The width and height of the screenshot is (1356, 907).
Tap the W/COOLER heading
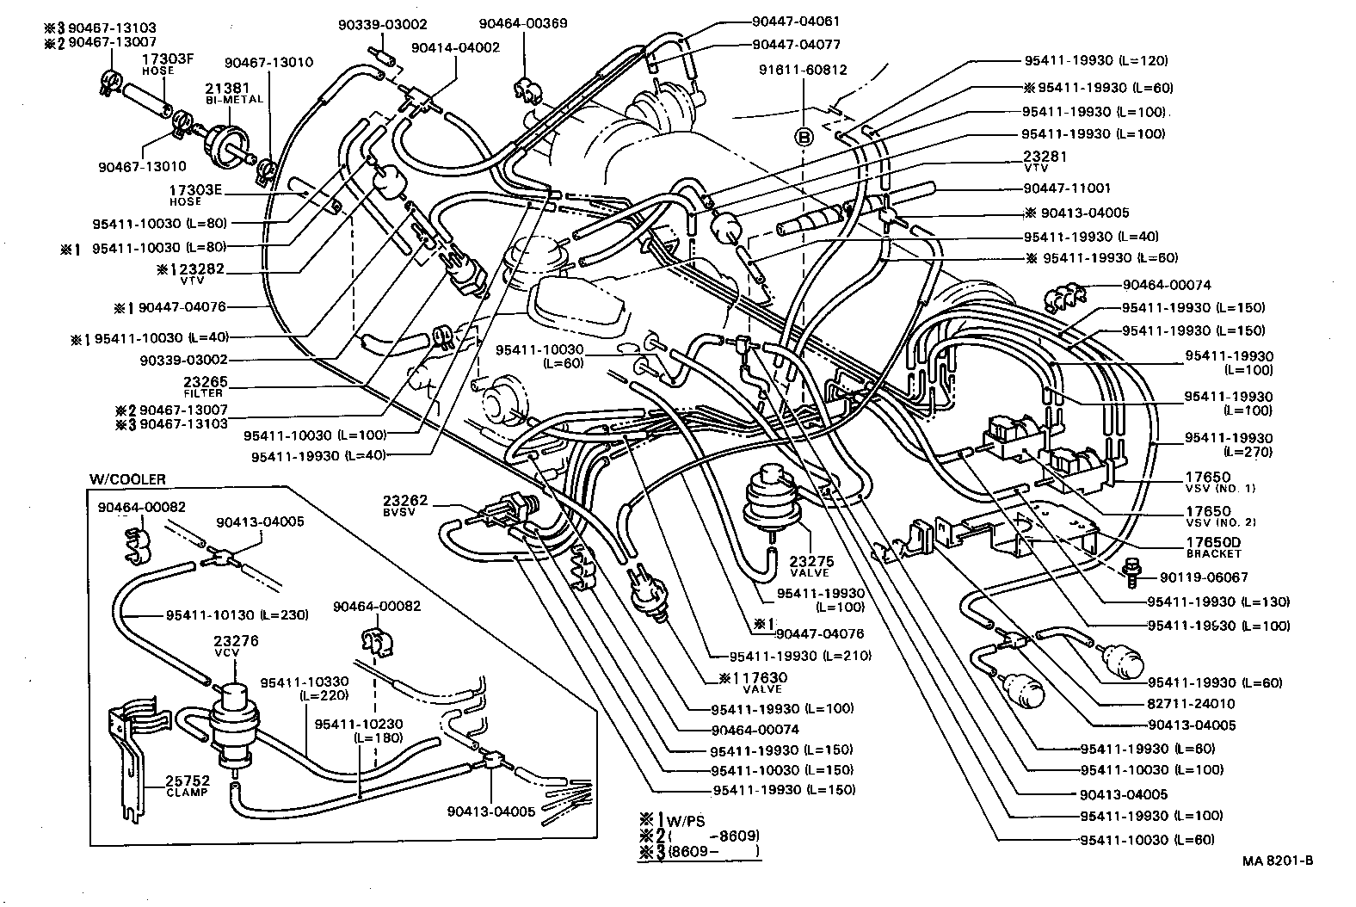click(x=127, y=479)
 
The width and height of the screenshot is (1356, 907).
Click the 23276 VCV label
click(x=237, y=646)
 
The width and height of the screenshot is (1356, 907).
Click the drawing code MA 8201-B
click(x=1278, y=860)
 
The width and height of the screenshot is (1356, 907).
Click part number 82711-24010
click(x=1193, y=704)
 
